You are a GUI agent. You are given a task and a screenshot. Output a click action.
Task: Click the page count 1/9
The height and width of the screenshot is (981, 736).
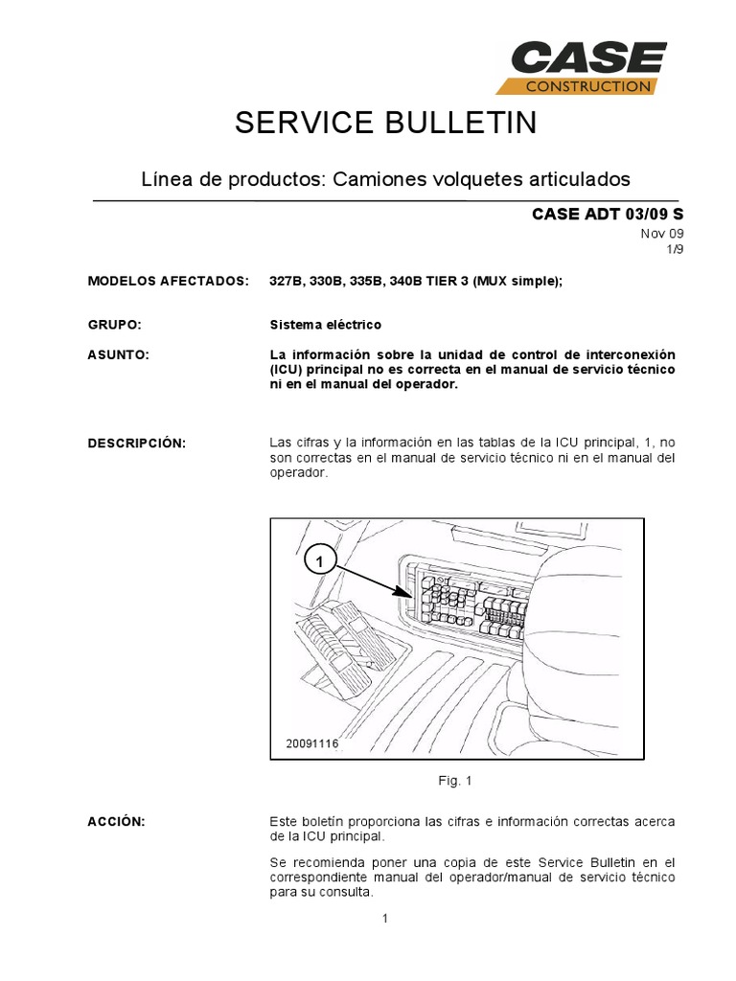tap(676, 249)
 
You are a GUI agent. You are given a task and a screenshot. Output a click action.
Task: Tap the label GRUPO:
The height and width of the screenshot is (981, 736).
tap(114, 325)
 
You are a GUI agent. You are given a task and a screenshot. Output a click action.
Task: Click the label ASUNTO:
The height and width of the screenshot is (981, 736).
tap(118, 354)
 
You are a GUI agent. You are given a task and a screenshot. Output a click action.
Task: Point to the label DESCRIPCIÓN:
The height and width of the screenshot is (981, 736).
tap(136, 443)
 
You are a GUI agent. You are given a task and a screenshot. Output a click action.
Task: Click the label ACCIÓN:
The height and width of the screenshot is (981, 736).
tap(116, 822)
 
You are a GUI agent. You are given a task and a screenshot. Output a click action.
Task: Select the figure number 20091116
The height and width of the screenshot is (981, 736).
tap(312, 742)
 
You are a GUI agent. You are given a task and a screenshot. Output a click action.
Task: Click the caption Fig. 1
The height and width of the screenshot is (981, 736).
tap(455, 781)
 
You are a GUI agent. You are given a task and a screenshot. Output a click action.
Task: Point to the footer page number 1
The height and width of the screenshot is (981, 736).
tap(384, 920)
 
